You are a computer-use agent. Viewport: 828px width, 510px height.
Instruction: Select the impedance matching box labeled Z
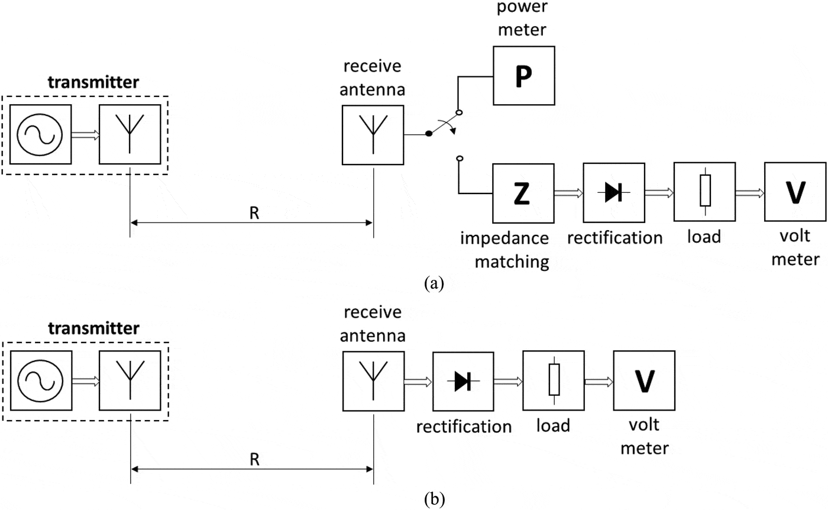523,193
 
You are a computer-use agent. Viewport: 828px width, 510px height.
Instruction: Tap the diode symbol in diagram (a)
613,193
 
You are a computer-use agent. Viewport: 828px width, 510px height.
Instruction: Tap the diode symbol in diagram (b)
463,382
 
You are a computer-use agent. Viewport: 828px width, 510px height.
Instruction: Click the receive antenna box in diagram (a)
373,134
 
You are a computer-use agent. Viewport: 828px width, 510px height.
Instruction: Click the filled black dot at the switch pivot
429,135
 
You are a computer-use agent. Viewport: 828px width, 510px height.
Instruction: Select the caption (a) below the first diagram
434,283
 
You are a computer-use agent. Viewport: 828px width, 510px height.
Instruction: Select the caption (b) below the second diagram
434,499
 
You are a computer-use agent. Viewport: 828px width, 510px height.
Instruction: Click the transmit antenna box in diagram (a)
130,134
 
